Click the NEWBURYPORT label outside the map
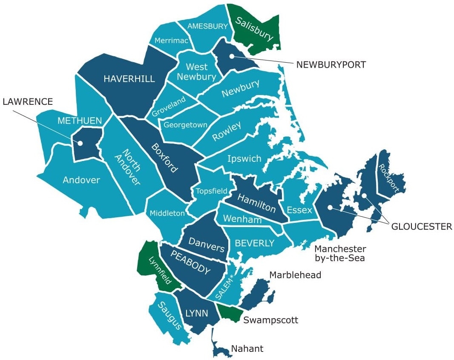click(331, 65)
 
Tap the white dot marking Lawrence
click(80, 144)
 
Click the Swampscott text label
click(270, 320)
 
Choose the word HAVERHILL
click(129, 78)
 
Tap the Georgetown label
click(186, 125)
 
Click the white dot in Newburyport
click(231, 56)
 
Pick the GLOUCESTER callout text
click(422, 227)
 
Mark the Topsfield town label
click(211, 191)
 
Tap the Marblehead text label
click(295, 275)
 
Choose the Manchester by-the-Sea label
click(340, 253)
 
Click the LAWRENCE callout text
click(28, 101)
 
